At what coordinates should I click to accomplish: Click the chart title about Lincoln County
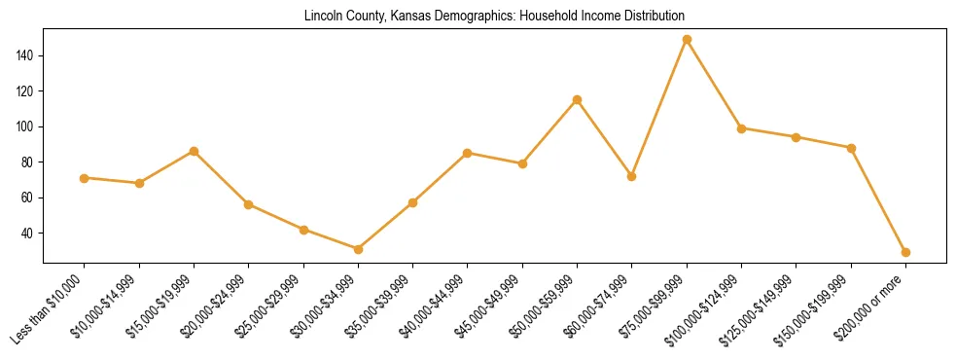[x=494, y=16]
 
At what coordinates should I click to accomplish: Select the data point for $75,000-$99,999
[x=687, y=40]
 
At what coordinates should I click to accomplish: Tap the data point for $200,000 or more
[x=905, y=252]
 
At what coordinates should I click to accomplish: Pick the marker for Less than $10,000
[x=85, y=178]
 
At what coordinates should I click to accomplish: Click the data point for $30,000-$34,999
[x=358, y=249]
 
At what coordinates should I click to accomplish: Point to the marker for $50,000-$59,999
[x=578, y=99]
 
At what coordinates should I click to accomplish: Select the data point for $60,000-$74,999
[x=632, y=176]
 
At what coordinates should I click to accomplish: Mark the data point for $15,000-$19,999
[x=194, y=151]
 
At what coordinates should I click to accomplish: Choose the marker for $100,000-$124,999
[x=742, y=128]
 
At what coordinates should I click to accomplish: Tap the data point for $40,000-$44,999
[x=468, y=153]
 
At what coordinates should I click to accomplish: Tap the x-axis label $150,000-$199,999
[x=815, y=307]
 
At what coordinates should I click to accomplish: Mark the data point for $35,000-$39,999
[x=413, y=202]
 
